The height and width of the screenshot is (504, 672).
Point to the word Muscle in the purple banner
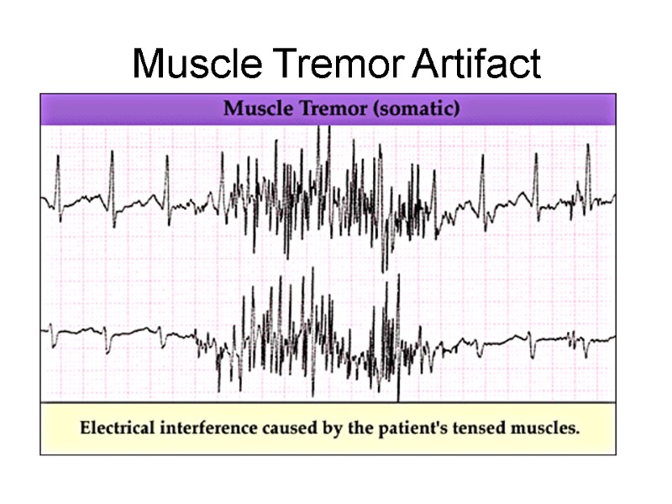pos(253,109)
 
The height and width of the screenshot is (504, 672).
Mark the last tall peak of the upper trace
pos(588,146)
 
